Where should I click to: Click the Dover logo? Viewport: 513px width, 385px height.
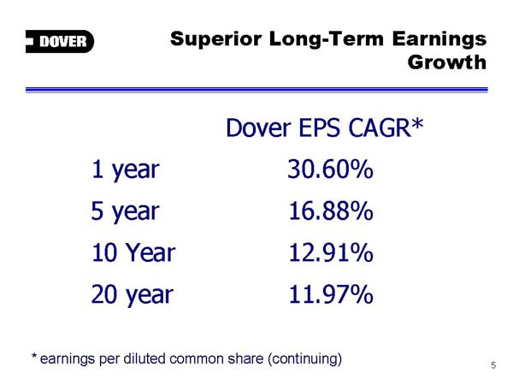[x=60, y=41]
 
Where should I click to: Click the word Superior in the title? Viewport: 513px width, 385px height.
[x=216, y=39]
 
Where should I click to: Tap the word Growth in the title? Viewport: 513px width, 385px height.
[x=447, y=62]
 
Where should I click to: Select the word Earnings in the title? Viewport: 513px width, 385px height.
[x=439, y=39]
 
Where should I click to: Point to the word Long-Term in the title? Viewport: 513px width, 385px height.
[x=327, y=39]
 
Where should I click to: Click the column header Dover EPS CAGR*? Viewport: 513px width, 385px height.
[x=325, y=127]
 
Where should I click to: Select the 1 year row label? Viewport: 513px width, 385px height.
[x=126, y=170]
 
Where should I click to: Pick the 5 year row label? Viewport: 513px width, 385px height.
[x=126, y=211]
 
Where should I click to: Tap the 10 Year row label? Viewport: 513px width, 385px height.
[x=133, y=252]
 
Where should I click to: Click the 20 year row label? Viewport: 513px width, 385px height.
[x=133, y=295]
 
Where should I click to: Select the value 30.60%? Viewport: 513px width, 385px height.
[x=330, y=169]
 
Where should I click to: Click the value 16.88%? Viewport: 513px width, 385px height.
[x=331, y=210]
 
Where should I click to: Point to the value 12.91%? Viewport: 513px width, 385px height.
[x=331, y=252]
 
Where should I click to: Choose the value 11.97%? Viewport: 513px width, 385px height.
[x=331, y=294]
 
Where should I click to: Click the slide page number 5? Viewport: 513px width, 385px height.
[x=493, y=365]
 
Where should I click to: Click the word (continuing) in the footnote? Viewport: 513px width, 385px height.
[x=305, y=359]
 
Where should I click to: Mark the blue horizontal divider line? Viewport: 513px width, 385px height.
[x=256, y=90]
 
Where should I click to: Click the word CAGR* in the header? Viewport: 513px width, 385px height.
[x=386, y=127]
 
